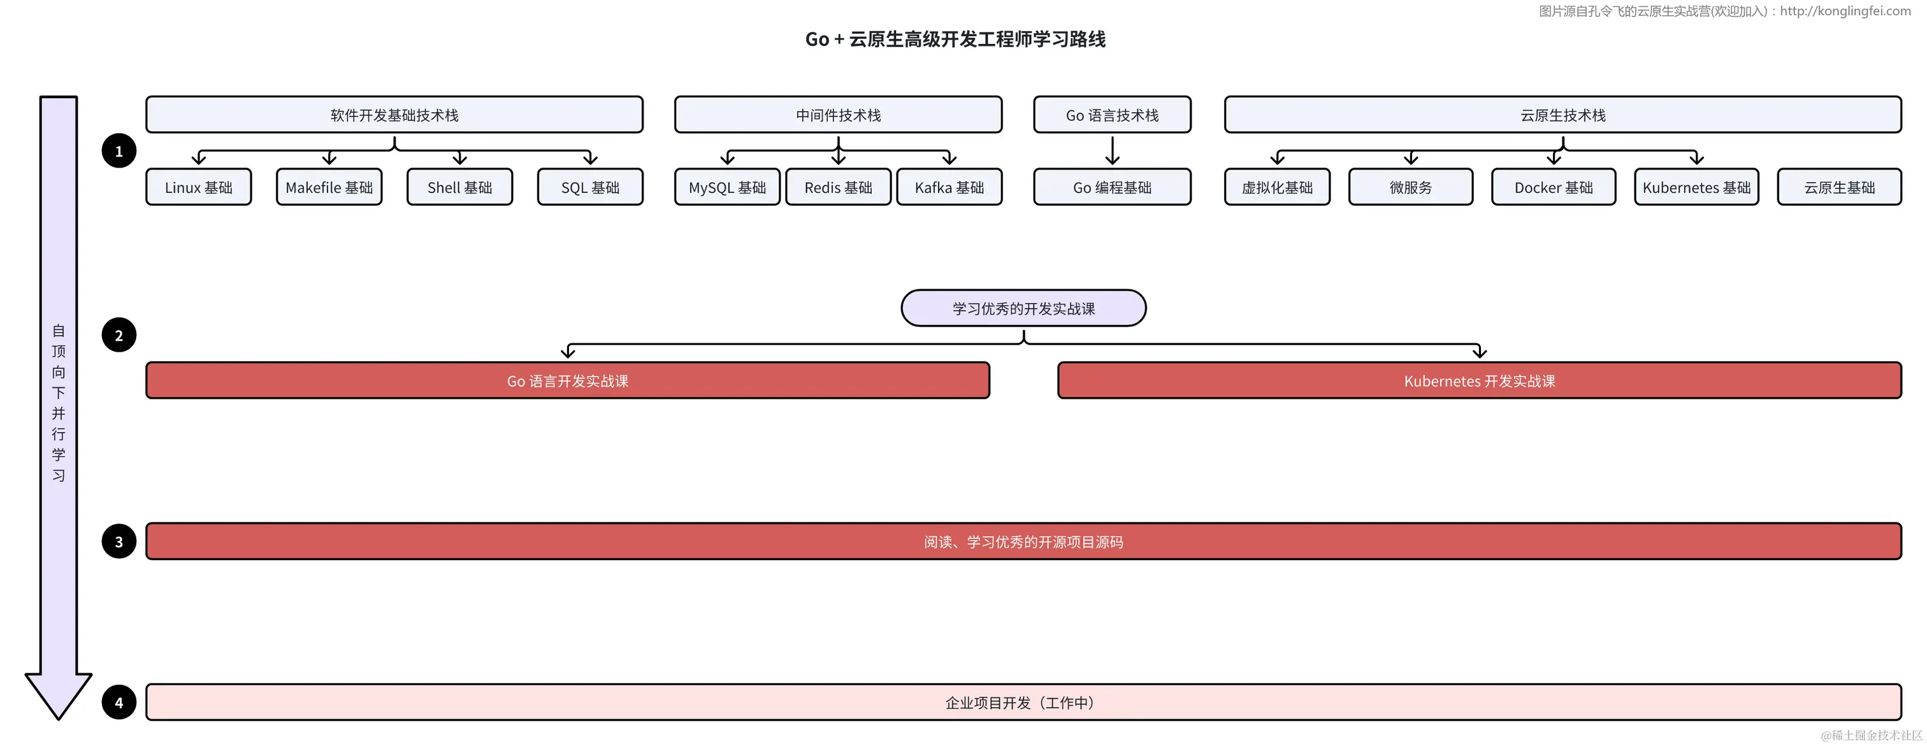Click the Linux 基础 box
click(198, 187)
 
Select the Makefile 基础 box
click(329, 187)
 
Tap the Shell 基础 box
click(459, 187)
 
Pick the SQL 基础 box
click(590, 187)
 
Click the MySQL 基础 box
click(727, 187)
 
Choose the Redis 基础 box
click(838, 187)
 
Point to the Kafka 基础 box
click(949, 187)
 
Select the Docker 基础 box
click(1554, 187)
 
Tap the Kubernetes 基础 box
click(1696, 187)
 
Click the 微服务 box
click(1411, 187)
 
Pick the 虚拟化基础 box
click(1277, 187)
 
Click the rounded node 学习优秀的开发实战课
click(1023, 308)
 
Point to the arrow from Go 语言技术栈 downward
click(1113, 150)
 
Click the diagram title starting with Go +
click(955, 39)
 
